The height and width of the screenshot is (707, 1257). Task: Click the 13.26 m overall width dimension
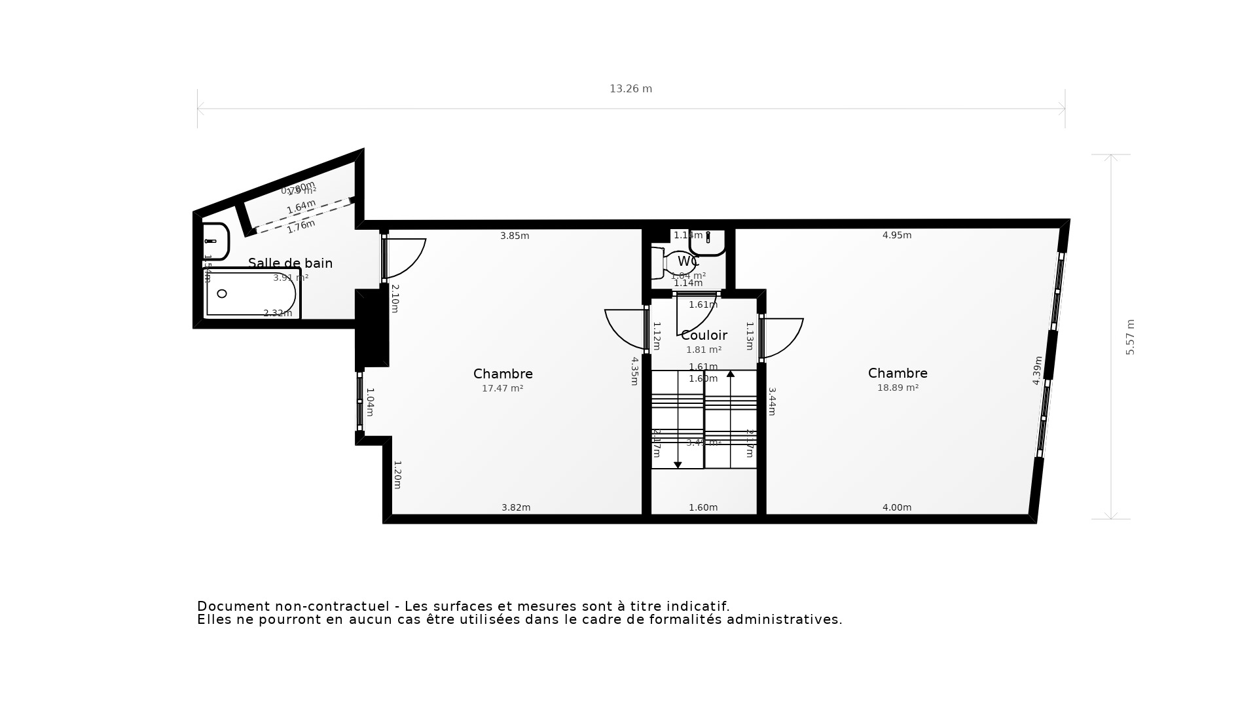tap(630, 89)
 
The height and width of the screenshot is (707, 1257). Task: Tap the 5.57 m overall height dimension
tap(1130, 337)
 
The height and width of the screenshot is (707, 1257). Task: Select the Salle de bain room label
tap(290, 263)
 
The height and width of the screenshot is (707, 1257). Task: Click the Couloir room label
tap(704, 335)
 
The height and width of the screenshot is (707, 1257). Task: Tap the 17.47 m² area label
tap(502, 388)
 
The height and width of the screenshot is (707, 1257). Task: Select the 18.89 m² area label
tap(898, 388)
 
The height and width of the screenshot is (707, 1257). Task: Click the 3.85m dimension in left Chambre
tap(515, 236)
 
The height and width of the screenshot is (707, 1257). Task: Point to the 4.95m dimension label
tap(896, 235)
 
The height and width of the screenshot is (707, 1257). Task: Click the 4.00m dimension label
tap(896, 507)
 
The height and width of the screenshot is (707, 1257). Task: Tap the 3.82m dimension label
tap(516, 507)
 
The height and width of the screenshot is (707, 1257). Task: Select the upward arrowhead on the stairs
tap(731, 374)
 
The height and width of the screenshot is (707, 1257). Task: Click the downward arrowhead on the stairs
tap(678, 465)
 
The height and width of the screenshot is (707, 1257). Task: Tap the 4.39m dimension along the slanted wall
tap(1037, 371)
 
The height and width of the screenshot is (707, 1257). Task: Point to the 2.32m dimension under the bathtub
tap(278, 314)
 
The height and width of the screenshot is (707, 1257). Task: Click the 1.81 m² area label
tap(704, 350)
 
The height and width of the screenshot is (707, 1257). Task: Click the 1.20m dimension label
tap(397, 475)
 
